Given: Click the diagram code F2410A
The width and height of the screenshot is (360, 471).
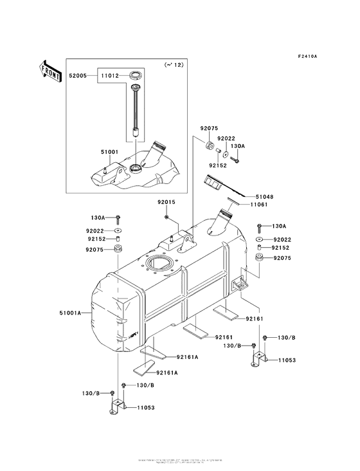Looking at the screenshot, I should click(308, 56).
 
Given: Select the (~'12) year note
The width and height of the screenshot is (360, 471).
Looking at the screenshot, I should click(174, 65).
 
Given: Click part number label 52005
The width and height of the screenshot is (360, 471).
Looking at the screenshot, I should click(78, 75).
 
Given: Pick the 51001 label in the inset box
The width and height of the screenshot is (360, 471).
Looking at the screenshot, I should click(92, 152).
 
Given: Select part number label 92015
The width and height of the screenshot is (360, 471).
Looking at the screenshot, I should click(166, 202).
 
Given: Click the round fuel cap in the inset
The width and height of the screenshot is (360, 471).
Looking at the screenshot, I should click(136, 76).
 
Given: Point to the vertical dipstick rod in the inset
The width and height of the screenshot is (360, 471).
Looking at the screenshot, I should click(136, 109).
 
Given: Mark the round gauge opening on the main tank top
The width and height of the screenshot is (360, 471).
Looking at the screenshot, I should click(157, 264).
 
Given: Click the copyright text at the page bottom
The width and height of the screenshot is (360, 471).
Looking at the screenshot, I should click(180, 461).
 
